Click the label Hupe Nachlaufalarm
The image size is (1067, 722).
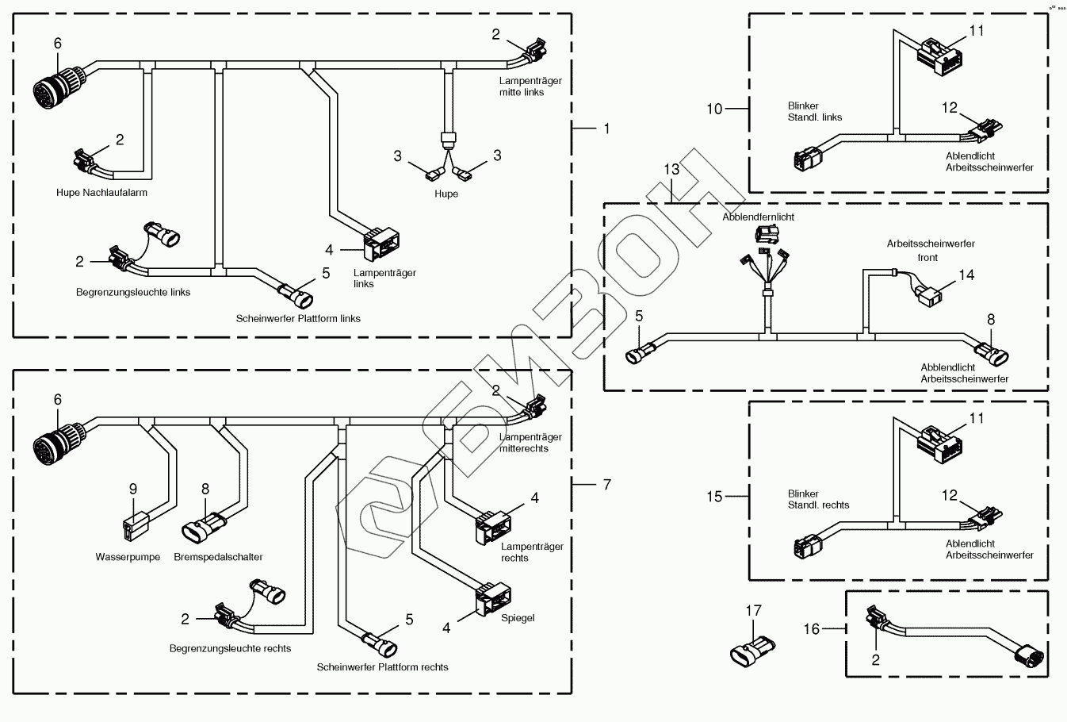coord(101,193)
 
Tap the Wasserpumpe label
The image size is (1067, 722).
coord(128,557)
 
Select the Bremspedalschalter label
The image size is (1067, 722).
coord(218,557)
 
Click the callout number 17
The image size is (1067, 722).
coord(752,610)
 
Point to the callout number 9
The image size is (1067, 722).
coord(133,489)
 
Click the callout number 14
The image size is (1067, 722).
coord(966,275)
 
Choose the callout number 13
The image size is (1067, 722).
coord(671,169)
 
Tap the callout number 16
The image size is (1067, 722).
coord(812,629)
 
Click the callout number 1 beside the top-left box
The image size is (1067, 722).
coord(607,128)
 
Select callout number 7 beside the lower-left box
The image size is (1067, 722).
coord(607,484)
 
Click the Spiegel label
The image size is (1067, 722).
coord(518,617)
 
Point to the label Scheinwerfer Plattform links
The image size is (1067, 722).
coord(298,319)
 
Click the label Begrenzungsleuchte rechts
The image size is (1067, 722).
coord(230,648)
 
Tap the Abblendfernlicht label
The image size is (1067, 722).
coord(758,217)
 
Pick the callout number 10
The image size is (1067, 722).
coord(714,109)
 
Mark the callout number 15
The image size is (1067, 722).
coord(714,497)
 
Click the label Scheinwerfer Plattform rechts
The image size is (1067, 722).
coord(382,667)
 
